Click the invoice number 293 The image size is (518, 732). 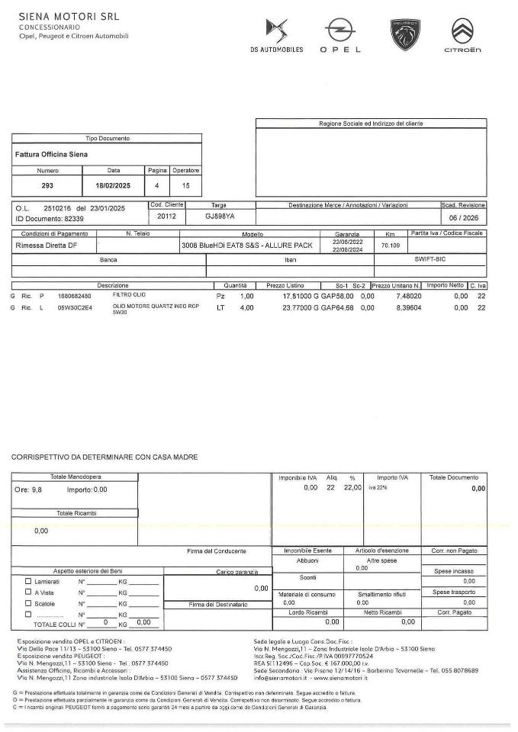(47, 185)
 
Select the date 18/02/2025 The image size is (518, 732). (114, 185)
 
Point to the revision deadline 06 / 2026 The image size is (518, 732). (463, 217)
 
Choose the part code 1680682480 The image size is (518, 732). (75, 296)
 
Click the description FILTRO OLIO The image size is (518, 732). (129, 295)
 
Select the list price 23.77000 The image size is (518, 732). (287, 308)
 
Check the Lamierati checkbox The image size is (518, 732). (28, 581)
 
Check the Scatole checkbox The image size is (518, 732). (28, 602)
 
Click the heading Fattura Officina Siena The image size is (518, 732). (51, 154)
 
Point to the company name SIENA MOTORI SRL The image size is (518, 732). (69, 16)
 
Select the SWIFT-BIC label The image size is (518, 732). (430, 259)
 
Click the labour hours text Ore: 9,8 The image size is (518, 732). (30, 490)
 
